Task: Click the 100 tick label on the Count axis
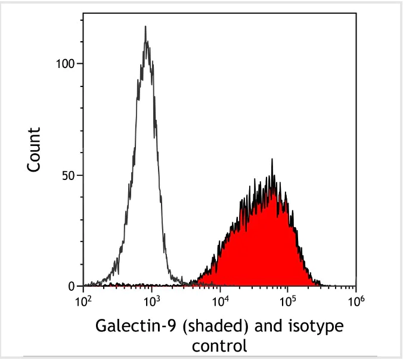[x=66, y=64]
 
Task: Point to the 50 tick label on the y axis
[x=69, y=175]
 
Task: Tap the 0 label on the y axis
[x=73, y=287]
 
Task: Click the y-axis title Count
[x=35, y=150]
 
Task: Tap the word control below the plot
[x=219, y=345]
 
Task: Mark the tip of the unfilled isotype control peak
[x=145, y=26]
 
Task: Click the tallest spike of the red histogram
[x=272, y=160]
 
